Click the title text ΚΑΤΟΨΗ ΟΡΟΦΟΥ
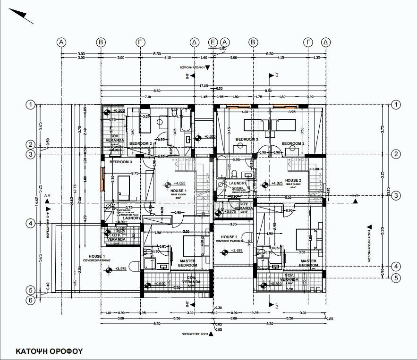[x=49, y=351]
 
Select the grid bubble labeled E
[x=213, y=42]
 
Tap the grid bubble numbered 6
[x=31, y=299]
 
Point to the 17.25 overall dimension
[x=204, y=86]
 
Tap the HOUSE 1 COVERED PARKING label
[x=96, y=258]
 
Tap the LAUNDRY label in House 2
[x=237, y=183]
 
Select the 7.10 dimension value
[x=147, y=97]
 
